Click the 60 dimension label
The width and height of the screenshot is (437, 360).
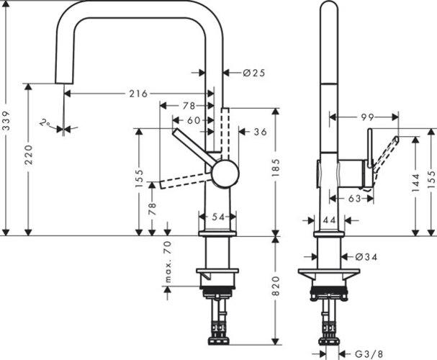[194, 120]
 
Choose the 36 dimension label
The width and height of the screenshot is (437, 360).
[260, 132]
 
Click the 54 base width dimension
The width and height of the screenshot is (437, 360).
[217, 217]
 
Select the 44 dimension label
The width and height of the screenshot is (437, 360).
[331, 220]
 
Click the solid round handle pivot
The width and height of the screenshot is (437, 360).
[223, 174]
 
